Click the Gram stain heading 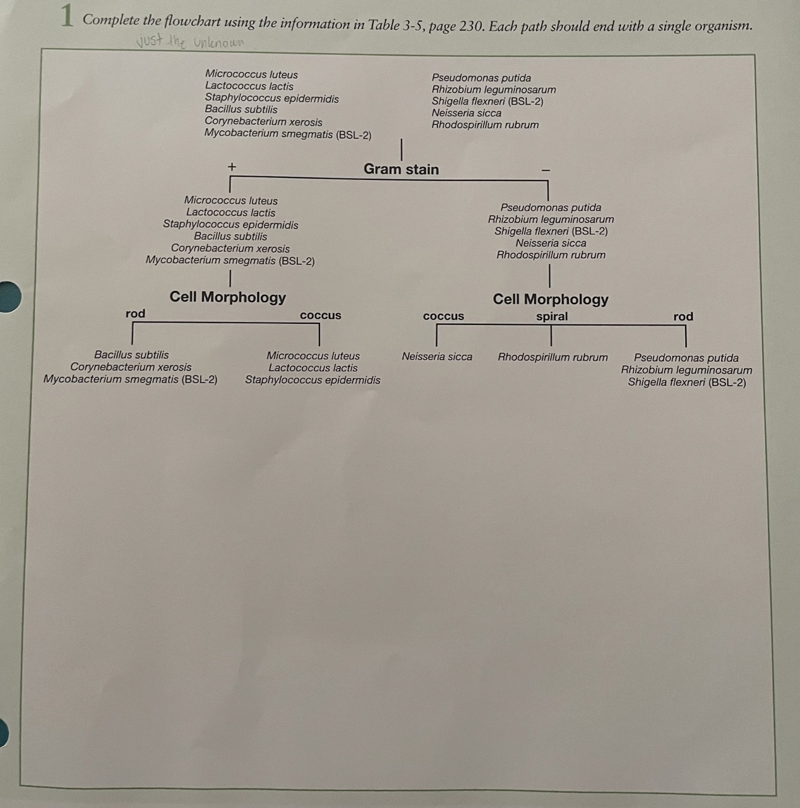tap(401, 169)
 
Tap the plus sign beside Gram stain tap(232, 167)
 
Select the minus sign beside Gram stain tap(546, 170)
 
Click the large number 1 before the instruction tap(68, 17)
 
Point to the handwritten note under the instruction tap(189, 42)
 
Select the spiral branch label tap(552, 316)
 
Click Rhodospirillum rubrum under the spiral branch tap(552, 357)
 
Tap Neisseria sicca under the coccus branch tap(437, 357)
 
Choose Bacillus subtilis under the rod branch tap(131, 355)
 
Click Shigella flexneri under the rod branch tap(686, 383)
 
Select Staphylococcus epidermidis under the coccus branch tap(313, 380)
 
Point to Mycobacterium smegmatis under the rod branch tap(130, 379)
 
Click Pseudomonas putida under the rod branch tap(686, 358)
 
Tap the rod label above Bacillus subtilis tap(135, 314)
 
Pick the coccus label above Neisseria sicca tap(443, 316)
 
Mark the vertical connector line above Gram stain tap(402, 150)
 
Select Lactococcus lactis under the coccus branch tap(313, 368)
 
